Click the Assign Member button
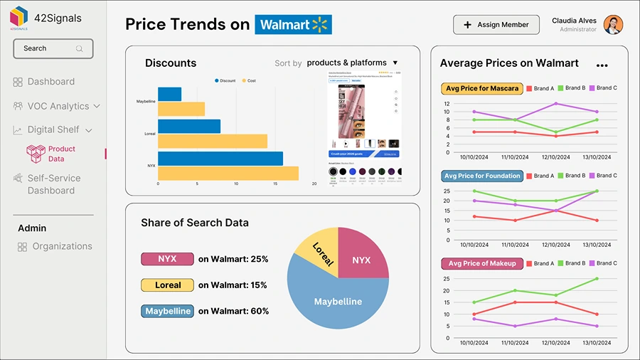coord(496,25)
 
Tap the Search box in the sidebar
coord(53,48)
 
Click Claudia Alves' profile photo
coord(613,25)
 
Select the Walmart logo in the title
coord(293,25)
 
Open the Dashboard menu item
coord(50,82)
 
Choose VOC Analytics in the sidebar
coord(58,106)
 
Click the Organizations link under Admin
coord(62,246)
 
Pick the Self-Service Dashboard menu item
coord(54,184)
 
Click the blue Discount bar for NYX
coord(220,158)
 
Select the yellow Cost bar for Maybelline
coord(181,109)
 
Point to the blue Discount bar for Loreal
coord(188,126)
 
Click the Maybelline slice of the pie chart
coord(338,306)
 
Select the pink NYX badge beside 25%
coord(167,259)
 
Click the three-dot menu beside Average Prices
coord(602,65)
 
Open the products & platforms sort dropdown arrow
coord(395,63)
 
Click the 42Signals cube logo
coord(19,18)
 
